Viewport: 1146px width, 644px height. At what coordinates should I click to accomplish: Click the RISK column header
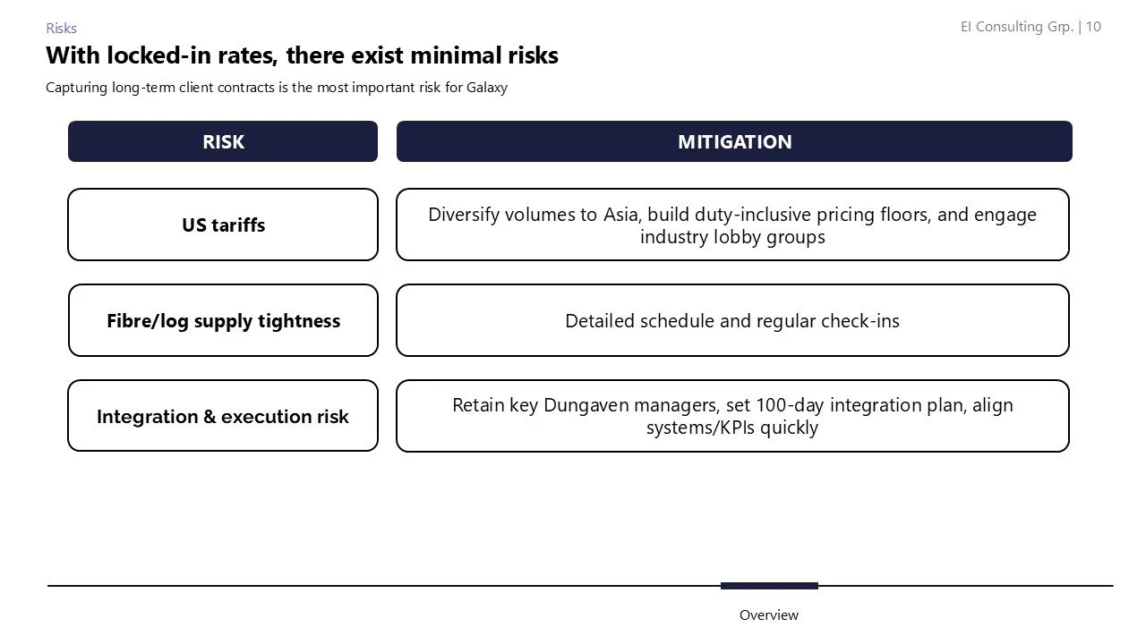(223, 141)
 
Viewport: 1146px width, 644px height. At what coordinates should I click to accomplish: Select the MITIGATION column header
(734, 141)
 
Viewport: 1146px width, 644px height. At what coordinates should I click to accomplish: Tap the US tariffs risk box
(223, 225)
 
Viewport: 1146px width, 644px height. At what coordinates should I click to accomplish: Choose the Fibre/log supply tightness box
(223, 320)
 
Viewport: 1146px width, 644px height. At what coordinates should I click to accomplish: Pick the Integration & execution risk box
(223, 416)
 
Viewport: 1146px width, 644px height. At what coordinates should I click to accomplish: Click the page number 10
(1093, 27)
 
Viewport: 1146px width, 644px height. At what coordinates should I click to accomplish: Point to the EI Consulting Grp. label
(1017, 27)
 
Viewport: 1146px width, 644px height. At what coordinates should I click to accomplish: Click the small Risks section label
(61, 29)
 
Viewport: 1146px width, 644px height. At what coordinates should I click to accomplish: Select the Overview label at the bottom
(768, 614)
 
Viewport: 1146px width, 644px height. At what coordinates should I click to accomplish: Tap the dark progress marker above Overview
(769, 586)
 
